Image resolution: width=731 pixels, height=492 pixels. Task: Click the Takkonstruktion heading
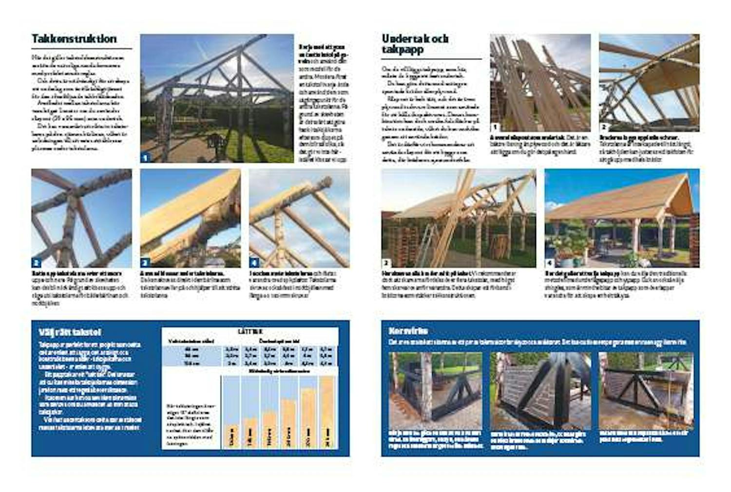click(x=74, y=39)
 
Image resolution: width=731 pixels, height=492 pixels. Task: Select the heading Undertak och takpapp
click(x=415, y=44)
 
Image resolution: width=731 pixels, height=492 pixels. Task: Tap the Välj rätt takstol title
click(x=70, y=332)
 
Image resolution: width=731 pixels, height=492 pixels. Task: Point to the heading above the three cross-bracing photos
click(x=408, y=331)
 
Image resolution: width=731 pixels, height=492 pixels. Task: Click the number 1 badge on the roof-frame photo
click(x=145, y=157)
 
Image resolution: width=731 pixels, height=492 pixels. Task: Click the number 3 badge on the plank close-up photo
click(x=145, y=263)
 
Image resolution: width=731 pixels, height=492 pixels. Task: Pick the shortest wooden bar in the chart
click(x=231, y=436)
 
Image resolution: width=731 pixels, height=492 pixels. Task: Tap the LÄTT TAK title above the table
click(x=250, y=331)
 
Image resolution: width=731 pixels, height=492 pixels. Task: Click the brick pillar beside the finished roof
click(x=694, y=238)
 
